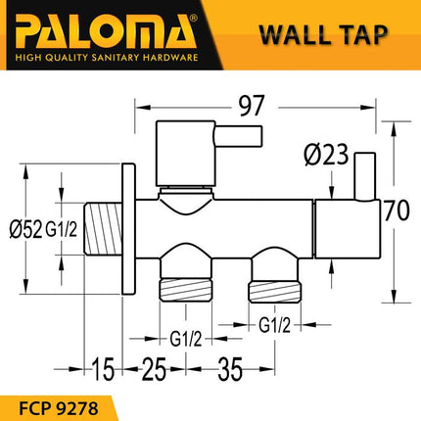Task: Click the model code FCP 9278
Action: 61,400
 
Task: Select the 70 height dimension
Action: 395,210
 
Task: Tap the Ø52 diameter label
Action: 24,230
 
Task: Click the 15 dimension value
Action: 96,370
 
